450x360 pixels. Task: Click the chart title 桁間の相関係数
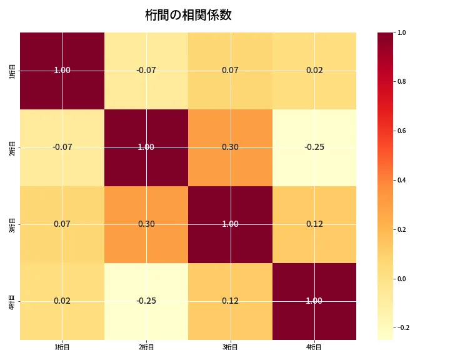[x=188, y=15]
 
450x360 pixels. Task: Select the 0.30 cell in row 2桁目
[x=230, y=147]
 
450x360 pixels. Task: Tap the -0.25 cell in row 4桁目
[x=146, y=301]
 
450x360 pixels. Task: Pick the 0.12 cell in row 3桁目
[x=314, y=224]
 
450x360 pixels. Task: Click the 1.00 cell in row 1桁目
[x=62, y=70]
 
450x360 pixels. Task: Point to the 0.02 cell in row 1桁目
[x=314, y=70]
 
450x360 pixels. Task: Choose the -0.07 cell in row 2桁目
[x=62, y=147]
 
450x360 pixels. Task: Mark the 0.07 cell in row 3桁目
[x=62, y=224]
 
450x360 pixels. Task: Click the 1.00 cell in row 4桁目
[x=314, y=301]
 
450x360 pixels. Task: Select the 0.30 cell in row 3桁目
[x=146, y=224]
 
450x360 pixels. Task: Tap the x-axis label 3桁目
[x=230, y=347]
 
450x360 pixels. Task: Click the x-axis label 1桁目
[x=62, y=347]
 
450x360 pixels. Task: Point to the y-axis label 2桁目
[x=12, y=147]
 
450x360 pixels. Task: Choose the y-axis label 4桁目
[x=12, y=301]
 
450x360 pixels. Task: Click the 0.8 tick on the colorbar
[x=402, y=81]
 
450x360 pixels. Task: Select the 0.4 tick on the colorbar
[x=402, y=180]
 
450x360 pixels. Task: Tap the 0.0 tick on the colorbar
[x=402, y=279]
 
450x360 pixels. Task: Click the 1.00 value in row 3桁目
[x=230, y=224]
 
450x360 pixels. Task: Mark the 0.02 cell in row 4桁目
[x=62, y=301]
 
